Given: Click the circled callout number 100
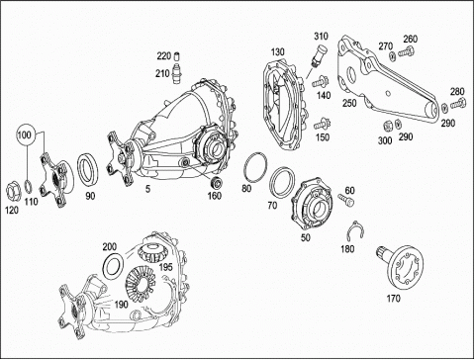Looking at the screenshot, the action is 24,135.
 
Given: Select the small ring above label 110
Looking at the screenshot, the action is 29,186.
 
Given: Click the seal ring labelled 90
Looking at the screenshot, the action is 88,172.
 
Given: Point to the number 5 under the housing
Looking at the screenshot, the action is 147,189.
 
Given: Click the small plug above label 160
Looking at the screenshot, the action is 217,182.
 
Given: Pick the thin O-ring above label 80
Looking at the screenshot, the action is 255,167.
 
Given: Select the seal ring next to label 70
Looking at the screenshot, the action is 281,182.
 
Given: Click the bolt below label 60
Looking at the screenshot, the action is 346,200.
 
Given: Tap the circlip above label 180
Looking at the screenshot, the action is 356,230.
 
